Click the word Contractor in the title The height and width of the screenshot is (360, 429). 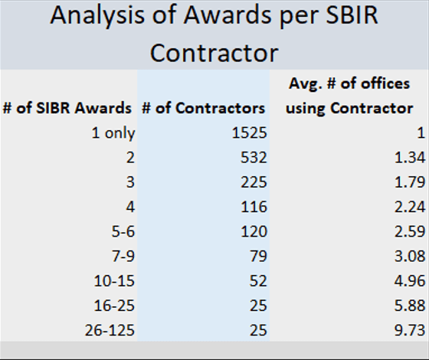(x=215, y=53)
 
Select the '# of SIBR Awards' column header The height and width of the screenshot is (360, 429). (x=67, y=108)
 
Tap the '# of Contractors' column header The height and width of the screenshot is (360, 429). (x=203, y=108)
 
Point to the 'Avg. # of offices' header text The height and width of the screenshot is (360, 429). (x=349, y=83)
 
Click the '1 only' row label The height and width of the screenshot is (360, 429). (x=113, y=133)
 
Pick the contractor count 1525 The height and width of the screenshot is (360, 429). (x=249, y=133)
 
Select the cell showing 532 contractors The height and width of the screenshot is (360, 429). (x=254, y=158)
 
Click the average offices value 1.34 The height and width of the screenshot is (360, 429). (x=410, y=158)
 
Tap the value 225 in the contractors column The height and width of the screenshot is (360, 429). (x=254, y=182)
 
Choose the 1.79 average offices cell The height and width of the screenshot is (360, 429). (x=410, y=182)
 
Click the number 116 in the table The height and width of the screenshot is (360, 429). (x=254, y=207)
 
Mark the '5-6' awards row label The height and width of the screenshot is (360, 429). (x=123, y=231)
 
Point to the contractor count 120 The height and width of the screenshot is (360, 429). (x=254, y=231)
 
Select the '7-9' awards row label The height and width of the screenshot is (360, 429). (x=123, y=256)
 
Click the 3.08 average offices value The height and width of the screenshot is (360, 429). (x=410, y=256)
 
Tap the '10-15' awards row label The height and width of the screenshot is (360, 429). (x=114, y=281)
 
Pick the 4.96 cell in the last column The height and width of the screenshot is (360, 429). (x=410, y=281)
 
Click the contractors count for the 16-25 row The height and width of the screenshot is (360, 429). (x=258, y=306)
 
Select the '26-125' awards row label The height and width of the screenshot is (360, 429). (x=110, y=330)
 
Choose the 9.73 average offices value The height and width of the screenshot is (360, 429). (x=410, y=330)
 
